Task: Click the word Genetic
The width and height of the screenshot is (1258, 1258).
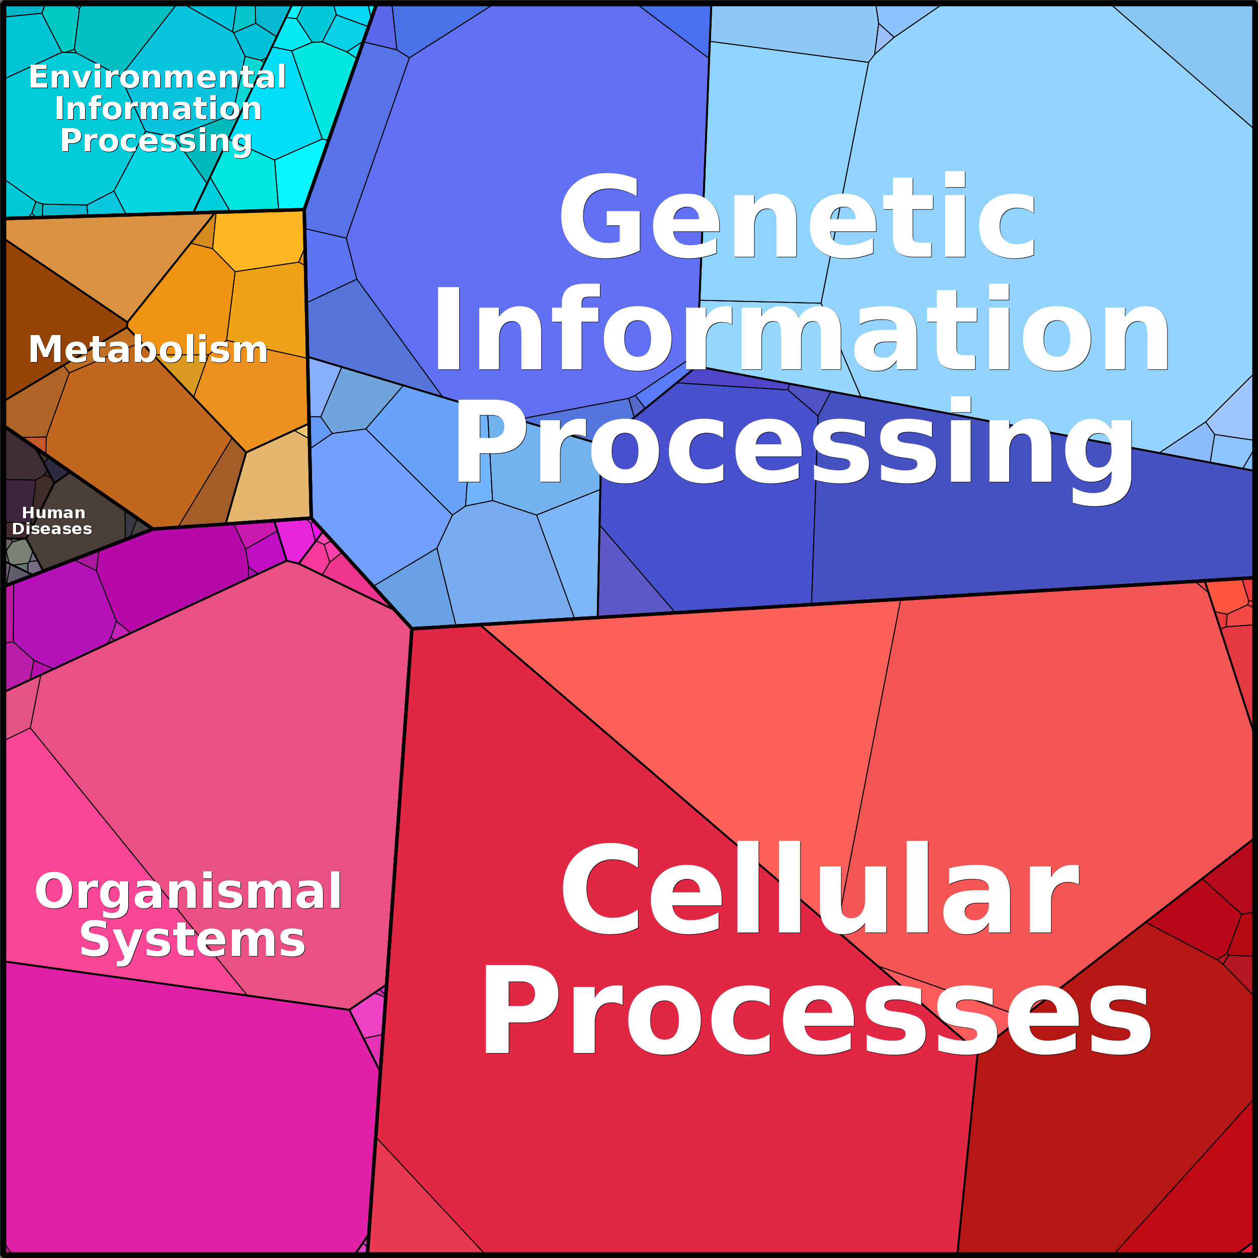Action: pyautogui.click(x=797, y=216)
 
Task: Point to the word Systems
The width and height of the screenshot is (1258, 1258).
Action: pyautogui.click(x=192, y=939)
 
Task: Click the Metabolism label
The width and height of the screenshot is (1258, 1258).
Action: pyautogui.click(x=148, y=349)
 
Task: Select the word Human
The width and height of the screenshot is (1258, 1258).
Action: pyautogui.click(x=54, y=513)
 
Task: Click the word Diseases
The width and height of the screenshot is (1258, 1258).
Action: pyautogui.click(x=52, y=529)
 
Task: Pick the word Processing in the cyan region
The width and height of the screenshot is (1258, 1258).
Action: pyautogui.click(x=156, y=141)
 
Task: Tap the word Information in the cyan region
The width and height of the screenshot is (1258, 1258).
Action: pyautogui.click(x=158, y=108)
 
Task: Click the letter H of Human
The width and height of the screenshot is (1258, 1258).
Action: pyautogui.click(x=28, y=513)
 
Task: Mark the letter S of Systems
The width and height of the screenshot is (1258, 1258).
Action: pyautogui.click(x=95, y=939)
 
